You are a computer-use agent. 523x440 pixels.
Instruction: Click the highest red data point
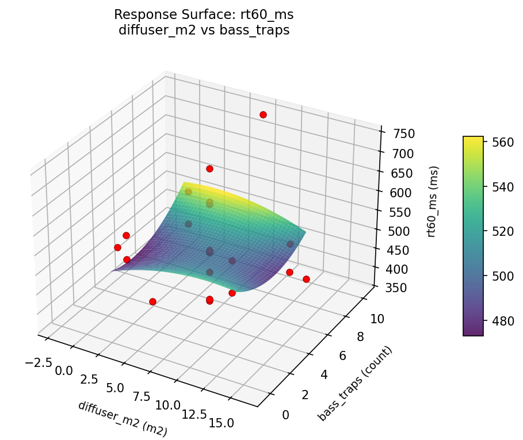[x=263, y=115]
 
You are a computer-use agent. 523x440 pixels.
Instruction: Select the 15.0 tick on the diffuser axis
[x=222, y=423]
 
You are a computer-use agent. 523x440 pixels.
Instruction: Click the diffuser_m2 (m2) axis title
[x=122, y=419]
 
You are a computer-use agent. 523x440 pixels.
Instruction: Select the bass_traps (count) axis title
[x=355, y=384]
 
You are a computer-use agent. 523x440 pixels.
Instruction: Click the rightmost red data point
[x=306, y=279]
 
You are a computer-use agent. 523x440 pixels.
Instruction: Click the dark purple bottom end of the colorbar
[x=473, y=333]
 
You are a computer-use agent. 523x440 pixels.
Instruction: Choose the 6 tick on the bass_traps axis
[x=342, y=356]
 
